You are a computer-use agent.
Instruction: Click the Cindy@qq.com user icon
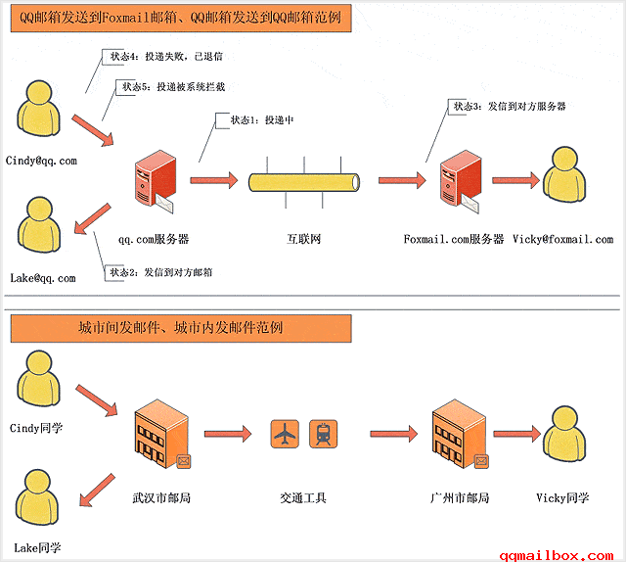[38, 111]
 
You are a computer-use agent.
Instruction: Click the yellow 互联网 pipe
[304, 182]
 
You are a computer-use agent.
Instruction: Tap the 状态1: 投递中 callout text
[261, 120]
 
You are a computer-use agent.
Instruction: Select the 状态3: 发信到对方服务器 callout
[509, 106]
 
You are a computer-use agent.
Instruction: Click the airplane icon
[286, 433]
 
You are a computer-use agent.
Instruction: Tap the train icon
[323, 433]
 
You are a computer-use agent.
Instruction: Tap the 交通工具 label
[303, 497]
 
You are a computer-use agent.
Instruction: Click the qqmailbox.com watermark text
[559, 553]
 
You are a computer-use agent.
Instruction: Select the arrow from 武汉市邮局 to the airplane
[230, 432]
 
